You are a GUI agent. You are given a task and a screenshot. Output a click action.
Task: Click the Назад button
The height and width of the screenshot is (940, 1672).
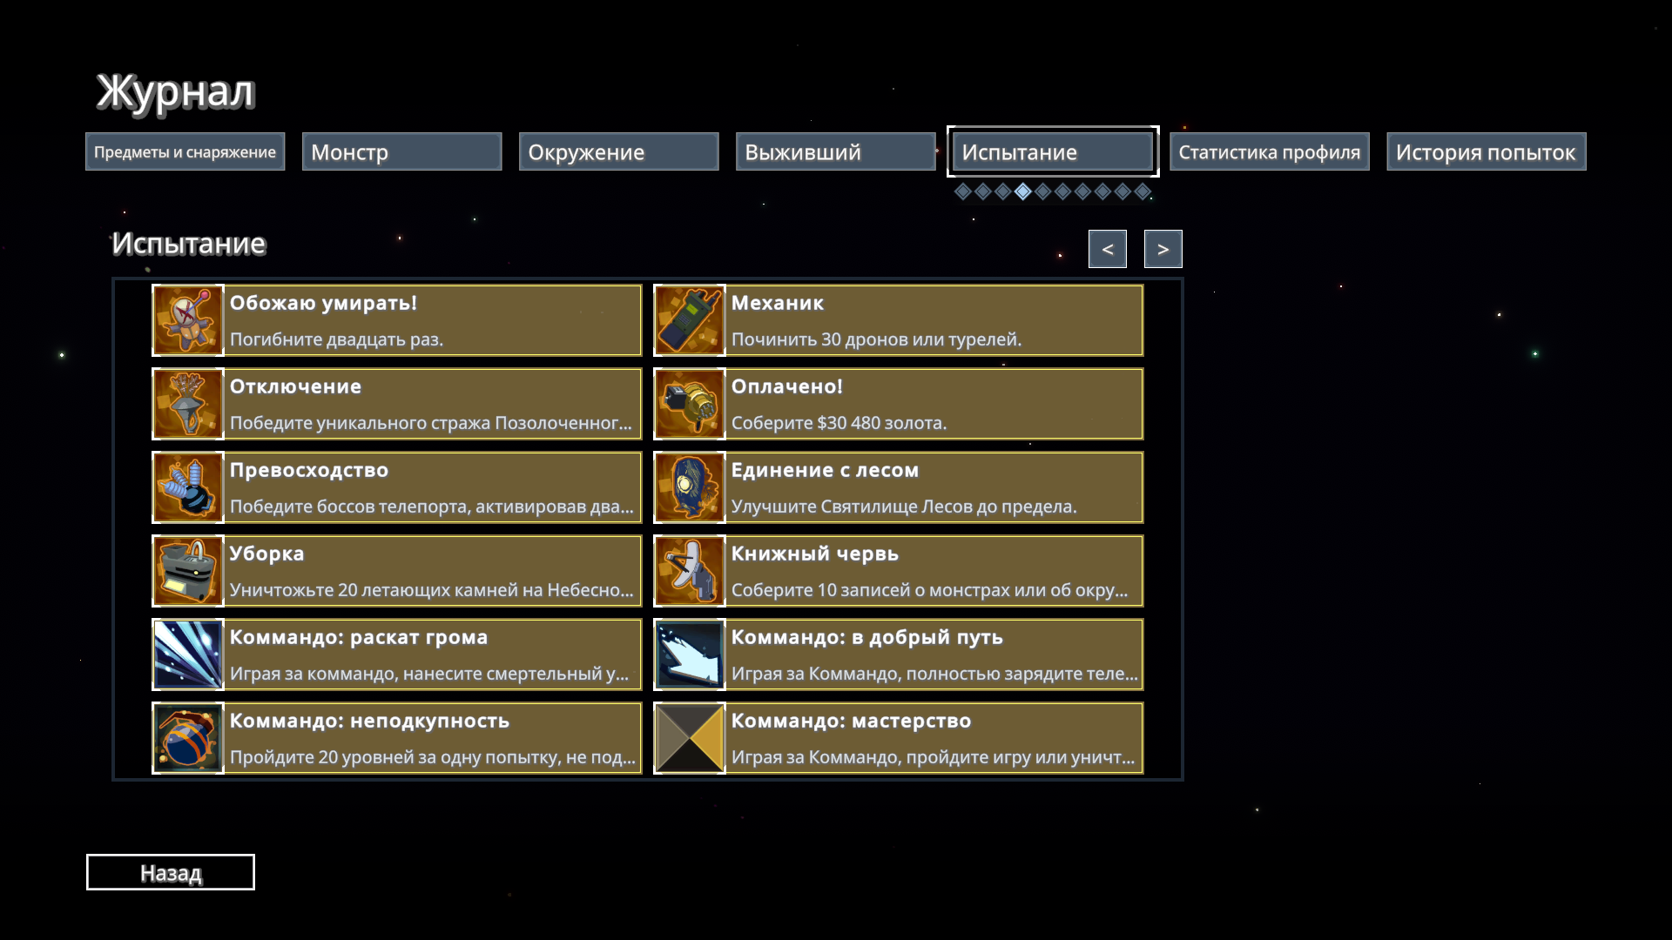(x=171, y=872)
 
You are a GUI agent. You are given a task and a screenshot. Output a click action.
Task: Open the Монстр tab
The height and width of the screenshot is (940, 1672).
(x=401, y=151)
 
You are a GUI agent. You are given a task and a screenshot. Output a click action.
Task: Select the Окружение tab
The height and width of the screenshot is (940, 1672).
(x=618, y=151)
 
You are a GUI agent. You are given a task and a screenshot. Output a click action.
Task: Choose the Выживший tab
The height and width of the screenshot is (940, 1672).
(x=835, y=151)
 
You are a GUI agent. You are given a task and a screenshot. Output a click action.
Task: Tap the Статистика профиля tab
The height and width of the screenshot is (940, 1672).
(x=1269, y=151)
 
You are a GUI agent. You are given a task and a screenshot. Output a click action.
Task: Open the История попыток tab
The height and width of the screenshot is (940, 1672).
(x=1486, y=151)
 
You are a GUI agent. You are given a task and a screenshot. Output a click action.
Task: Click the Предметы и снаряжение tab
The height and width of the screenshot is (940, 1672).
(x=185, y=151)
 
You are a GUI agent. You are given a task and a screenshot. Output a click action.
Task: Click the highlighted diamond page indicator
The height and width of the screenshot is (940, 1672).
(x=1023, y=191)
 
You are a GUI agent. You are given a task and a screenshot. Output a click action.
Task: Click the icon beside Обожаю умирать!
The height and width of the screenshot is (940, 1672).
(x=188, y=320)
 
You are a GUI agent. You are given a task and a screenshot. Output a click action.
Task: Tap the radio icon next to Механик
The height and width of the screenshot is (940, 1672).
(x=690, y=320)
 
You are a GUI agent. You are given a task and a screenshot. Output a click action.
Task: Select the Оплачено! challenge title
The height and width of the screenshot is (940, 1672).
(x=786, y=386)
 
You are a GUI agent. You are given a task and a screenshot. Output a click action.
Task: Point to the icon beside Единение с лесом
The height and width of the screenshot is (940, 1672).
(x=690, y=487)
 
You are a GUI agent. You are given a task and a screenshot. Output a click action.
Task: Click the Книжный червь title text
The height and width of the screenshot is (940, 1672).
(x=814, y=554)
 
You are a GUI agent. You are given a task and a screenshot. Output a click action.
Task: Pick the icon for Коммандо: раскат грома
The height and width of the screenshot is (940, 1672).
(x=188, y=655)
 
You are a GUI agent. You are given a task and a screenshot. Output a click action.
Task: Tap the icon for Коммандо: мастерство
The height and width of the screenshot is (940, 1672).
(x=690, y=738)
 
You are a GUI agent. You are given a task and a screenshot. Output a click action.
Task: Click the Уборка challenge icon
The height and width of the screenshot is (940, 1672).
(x=188, y=571)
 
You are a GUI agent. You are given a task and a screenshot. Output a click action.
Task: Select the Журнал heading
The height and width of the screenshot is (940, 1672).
(x=175, y=91)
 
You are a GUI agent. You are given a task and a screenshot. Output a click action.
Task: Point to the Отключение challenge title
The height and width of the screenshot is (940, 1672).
(x=295, y=386)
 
